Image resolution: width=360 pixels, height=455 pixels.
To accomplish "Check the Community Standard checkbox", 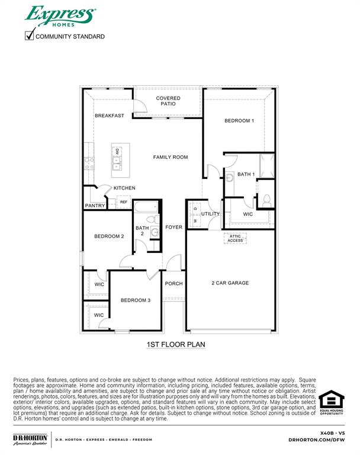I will tap(29, 36).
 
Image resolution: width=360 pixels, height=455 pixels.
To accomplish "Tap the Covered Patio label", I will tap(168, 101).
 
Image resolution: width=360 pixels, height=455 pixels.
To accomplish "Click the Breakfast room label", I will tap(110, 116).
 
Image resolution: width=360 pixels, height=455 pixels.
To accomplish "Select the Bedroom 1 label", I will tap(239, 121).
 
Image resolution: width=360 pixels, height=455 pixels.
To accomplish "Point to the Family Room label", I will tap(171, 157).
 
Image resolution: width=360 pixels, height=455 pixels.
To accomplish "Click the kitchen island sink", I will tap(117, 159).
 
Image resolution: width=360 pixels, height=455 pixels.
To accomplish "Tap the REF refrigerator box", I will tap(124, 202).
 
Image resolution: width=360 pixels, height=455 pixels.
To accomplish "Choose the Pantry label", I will tap(95, 206).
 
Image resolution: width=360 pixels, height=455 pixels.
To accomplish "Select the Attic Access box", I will tap(236, 238).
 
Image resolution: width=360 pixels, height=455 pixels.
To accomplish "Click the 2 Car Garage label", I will tap(230, 283).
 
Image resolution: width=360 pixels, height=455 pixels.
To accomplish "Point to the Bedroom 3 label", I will tap(136, 300).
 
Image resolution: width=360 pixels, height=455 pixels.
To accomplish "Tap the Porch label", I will tap(173, 284).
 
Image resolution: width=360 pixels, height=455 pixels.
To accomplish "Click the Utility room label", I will tap(210, 214).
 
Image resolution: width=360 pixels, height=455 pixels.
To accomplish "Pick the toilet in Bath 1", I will tap(266, 200).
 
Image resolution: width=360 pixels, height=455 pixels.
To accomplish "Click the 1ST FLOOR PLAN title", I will tap(176, 344).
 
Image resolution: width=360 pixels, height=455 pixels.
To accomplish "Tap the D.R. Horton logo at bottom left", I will tap(30, 440).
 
